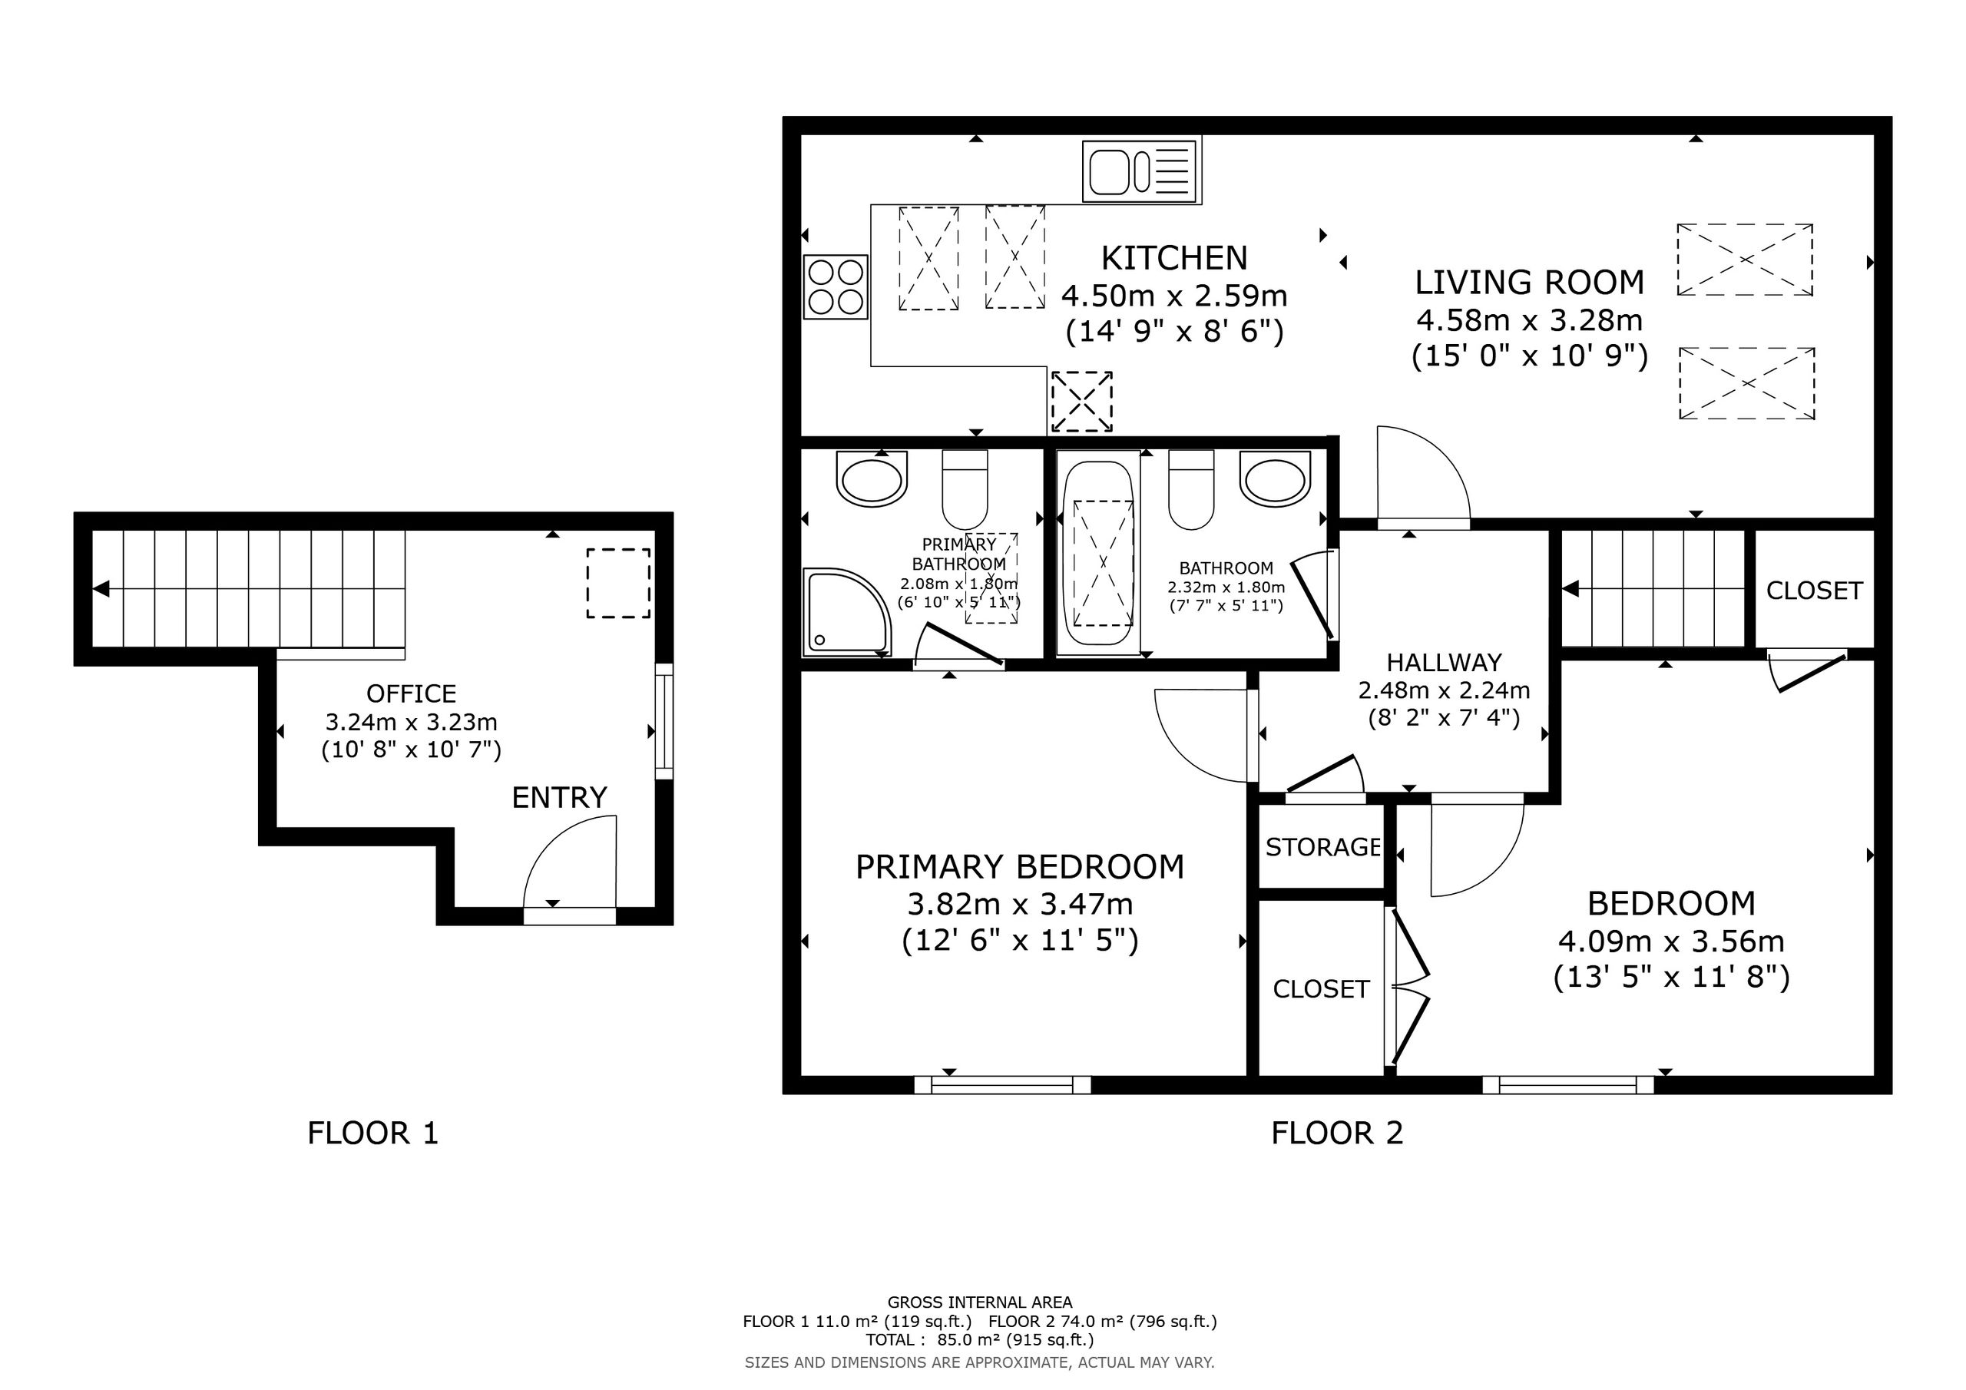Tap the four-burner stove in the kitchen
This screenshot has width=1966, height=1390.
[836, 287]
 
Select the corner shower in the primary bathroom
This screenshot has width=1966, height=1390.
[847, 612]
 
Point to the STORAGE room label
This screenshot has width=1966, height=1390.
[1323, 847]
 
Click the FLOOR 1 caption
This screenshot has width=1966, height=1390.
[372, 1133]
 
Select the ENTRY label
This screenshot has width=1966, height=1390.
[559, 797]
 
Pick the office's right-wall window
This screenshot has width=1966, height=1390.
[664, 721]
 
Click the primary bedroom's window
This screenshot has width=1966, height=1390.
[1003, 1085]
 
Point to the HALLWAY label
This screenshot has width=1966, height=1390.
[1445, 663]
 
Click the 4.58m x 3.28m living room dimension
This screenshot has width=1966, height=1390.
[1529, 320]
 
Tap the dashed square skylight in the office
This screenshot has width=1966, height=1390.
[618, 583]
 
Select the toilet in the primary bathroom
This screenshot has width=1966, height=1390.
[965, 489]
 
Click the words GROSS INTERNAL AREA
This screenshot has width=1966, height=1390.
[980, 1302]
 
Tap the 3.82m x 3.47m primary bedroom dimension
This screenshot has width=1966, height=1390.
[1020, 904]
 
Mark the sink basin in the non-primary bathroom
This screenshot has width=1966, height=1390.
[1276, 480]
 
